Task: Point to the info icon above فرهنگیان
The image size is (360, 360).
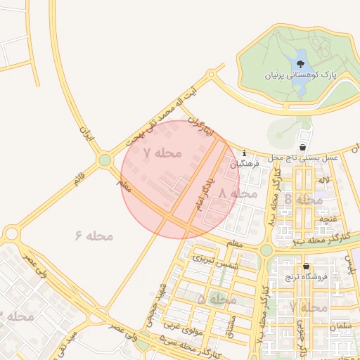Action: pos(244,153)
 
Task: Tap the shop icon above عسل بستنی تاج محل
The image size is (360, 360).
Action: pos(302,148)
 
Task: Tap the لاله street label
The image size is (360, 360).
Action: pos(323,181)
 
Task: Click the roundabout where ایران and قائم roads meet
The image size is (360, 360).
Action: pos(105,160)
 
